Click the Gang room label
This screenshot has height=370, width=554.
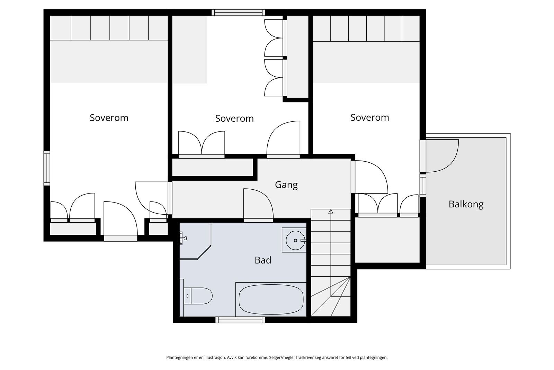click(286, 185)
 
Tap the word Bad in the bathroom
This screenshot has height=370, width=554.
click(263, 260)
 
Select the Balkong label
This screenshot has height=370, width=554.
click(466, 204)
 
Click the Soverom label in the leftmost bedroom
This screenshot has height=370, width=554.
click(109, 118)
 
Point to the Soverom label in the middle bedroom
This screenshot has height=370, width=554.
click(234, 119)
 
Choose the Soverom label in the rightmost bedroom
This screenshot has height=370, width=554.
click(370, 118)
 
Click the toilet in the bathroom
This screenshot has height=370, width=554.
click(198, 296)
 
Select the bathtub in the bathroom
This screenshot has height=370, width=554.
click(271, 299)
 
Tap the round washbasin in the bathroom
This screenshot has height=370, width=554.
click(295, 240)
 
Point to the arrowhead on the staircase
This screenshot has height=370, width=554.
click(331, 211)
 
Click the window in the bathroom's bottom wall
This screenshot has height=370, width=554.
click(240, 320)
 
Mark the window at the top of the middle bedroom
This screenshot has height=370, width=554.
click(239, 12)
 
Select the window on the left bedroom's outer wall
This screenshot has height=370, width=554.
click(47, 168)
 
